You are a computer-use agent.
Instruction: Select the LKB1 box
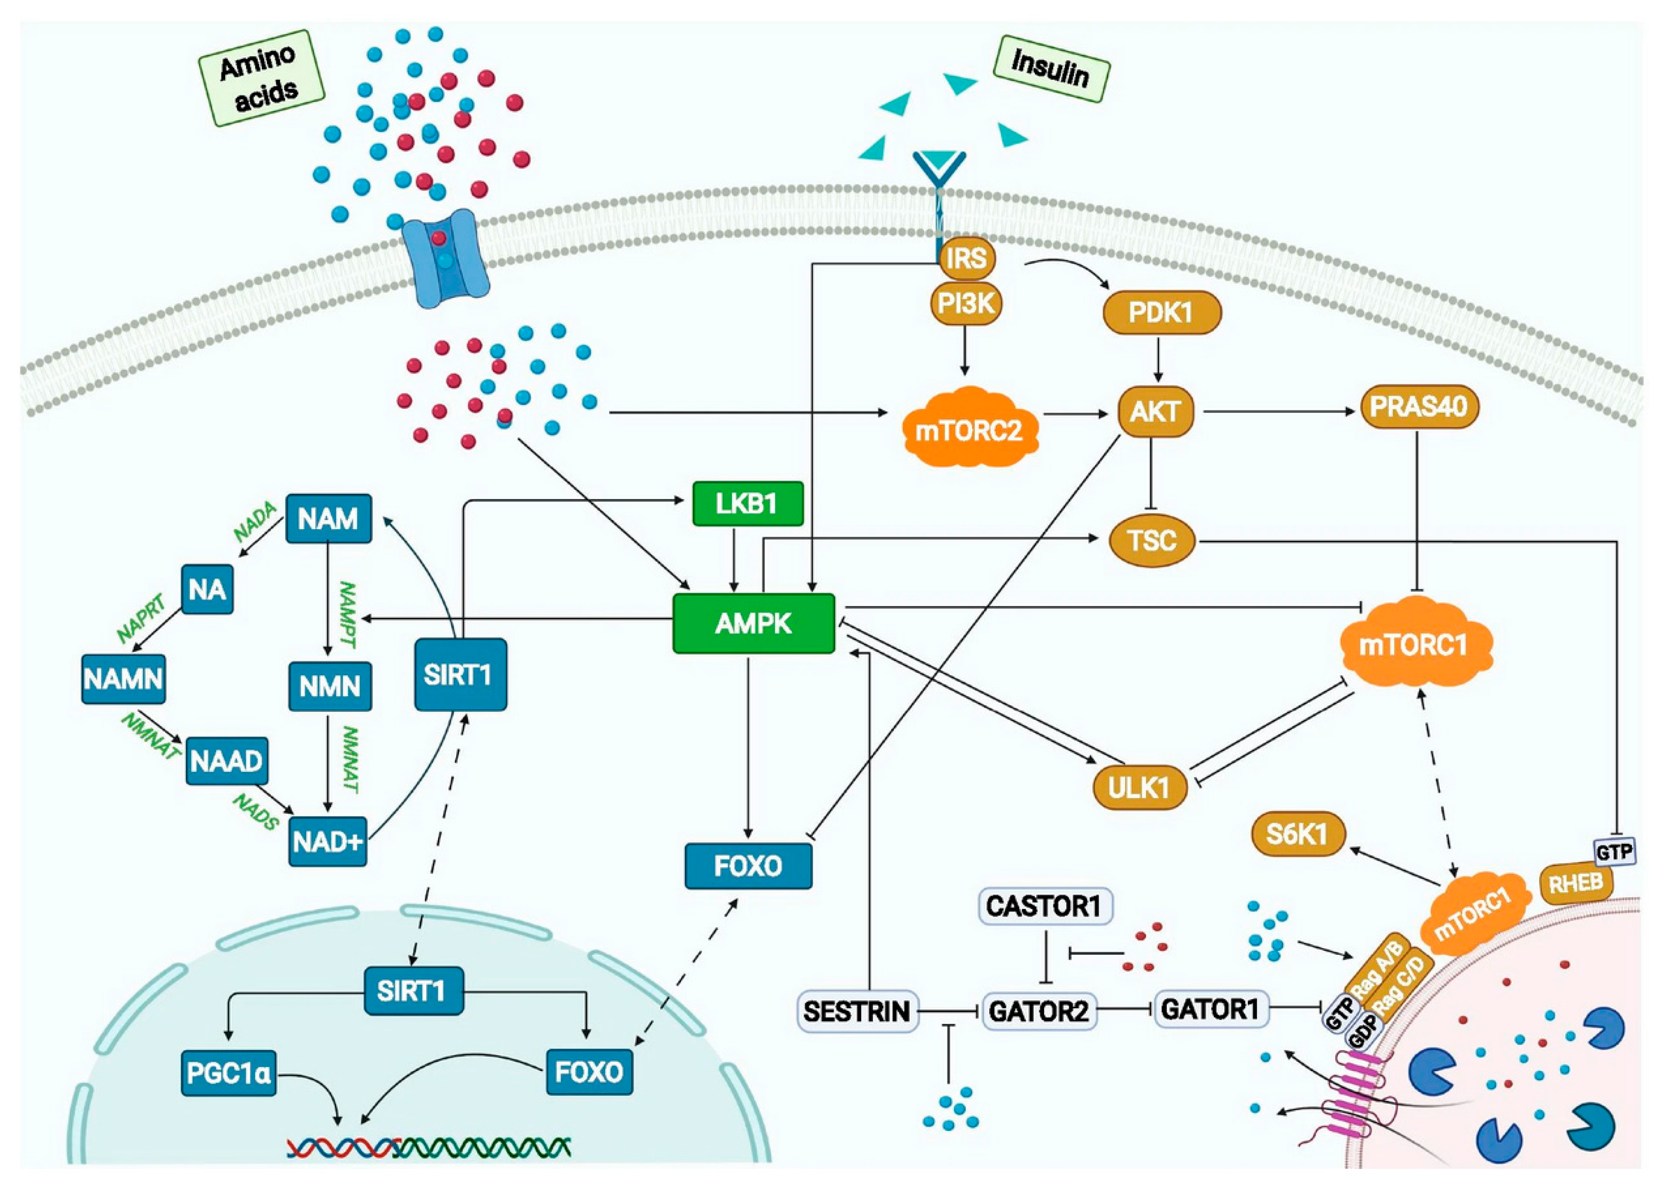point(747,504)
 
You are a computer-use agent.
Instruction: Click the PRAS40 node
point(1418,407)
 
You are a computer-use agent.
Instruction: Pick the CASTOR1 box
point(1045,906)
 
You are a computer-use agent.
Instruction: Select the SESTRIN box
point(857,1011)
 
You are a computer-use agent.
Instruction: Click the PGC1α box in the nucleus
point(229,1073)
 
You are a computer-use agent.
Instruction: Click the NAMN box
point(123,679)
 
